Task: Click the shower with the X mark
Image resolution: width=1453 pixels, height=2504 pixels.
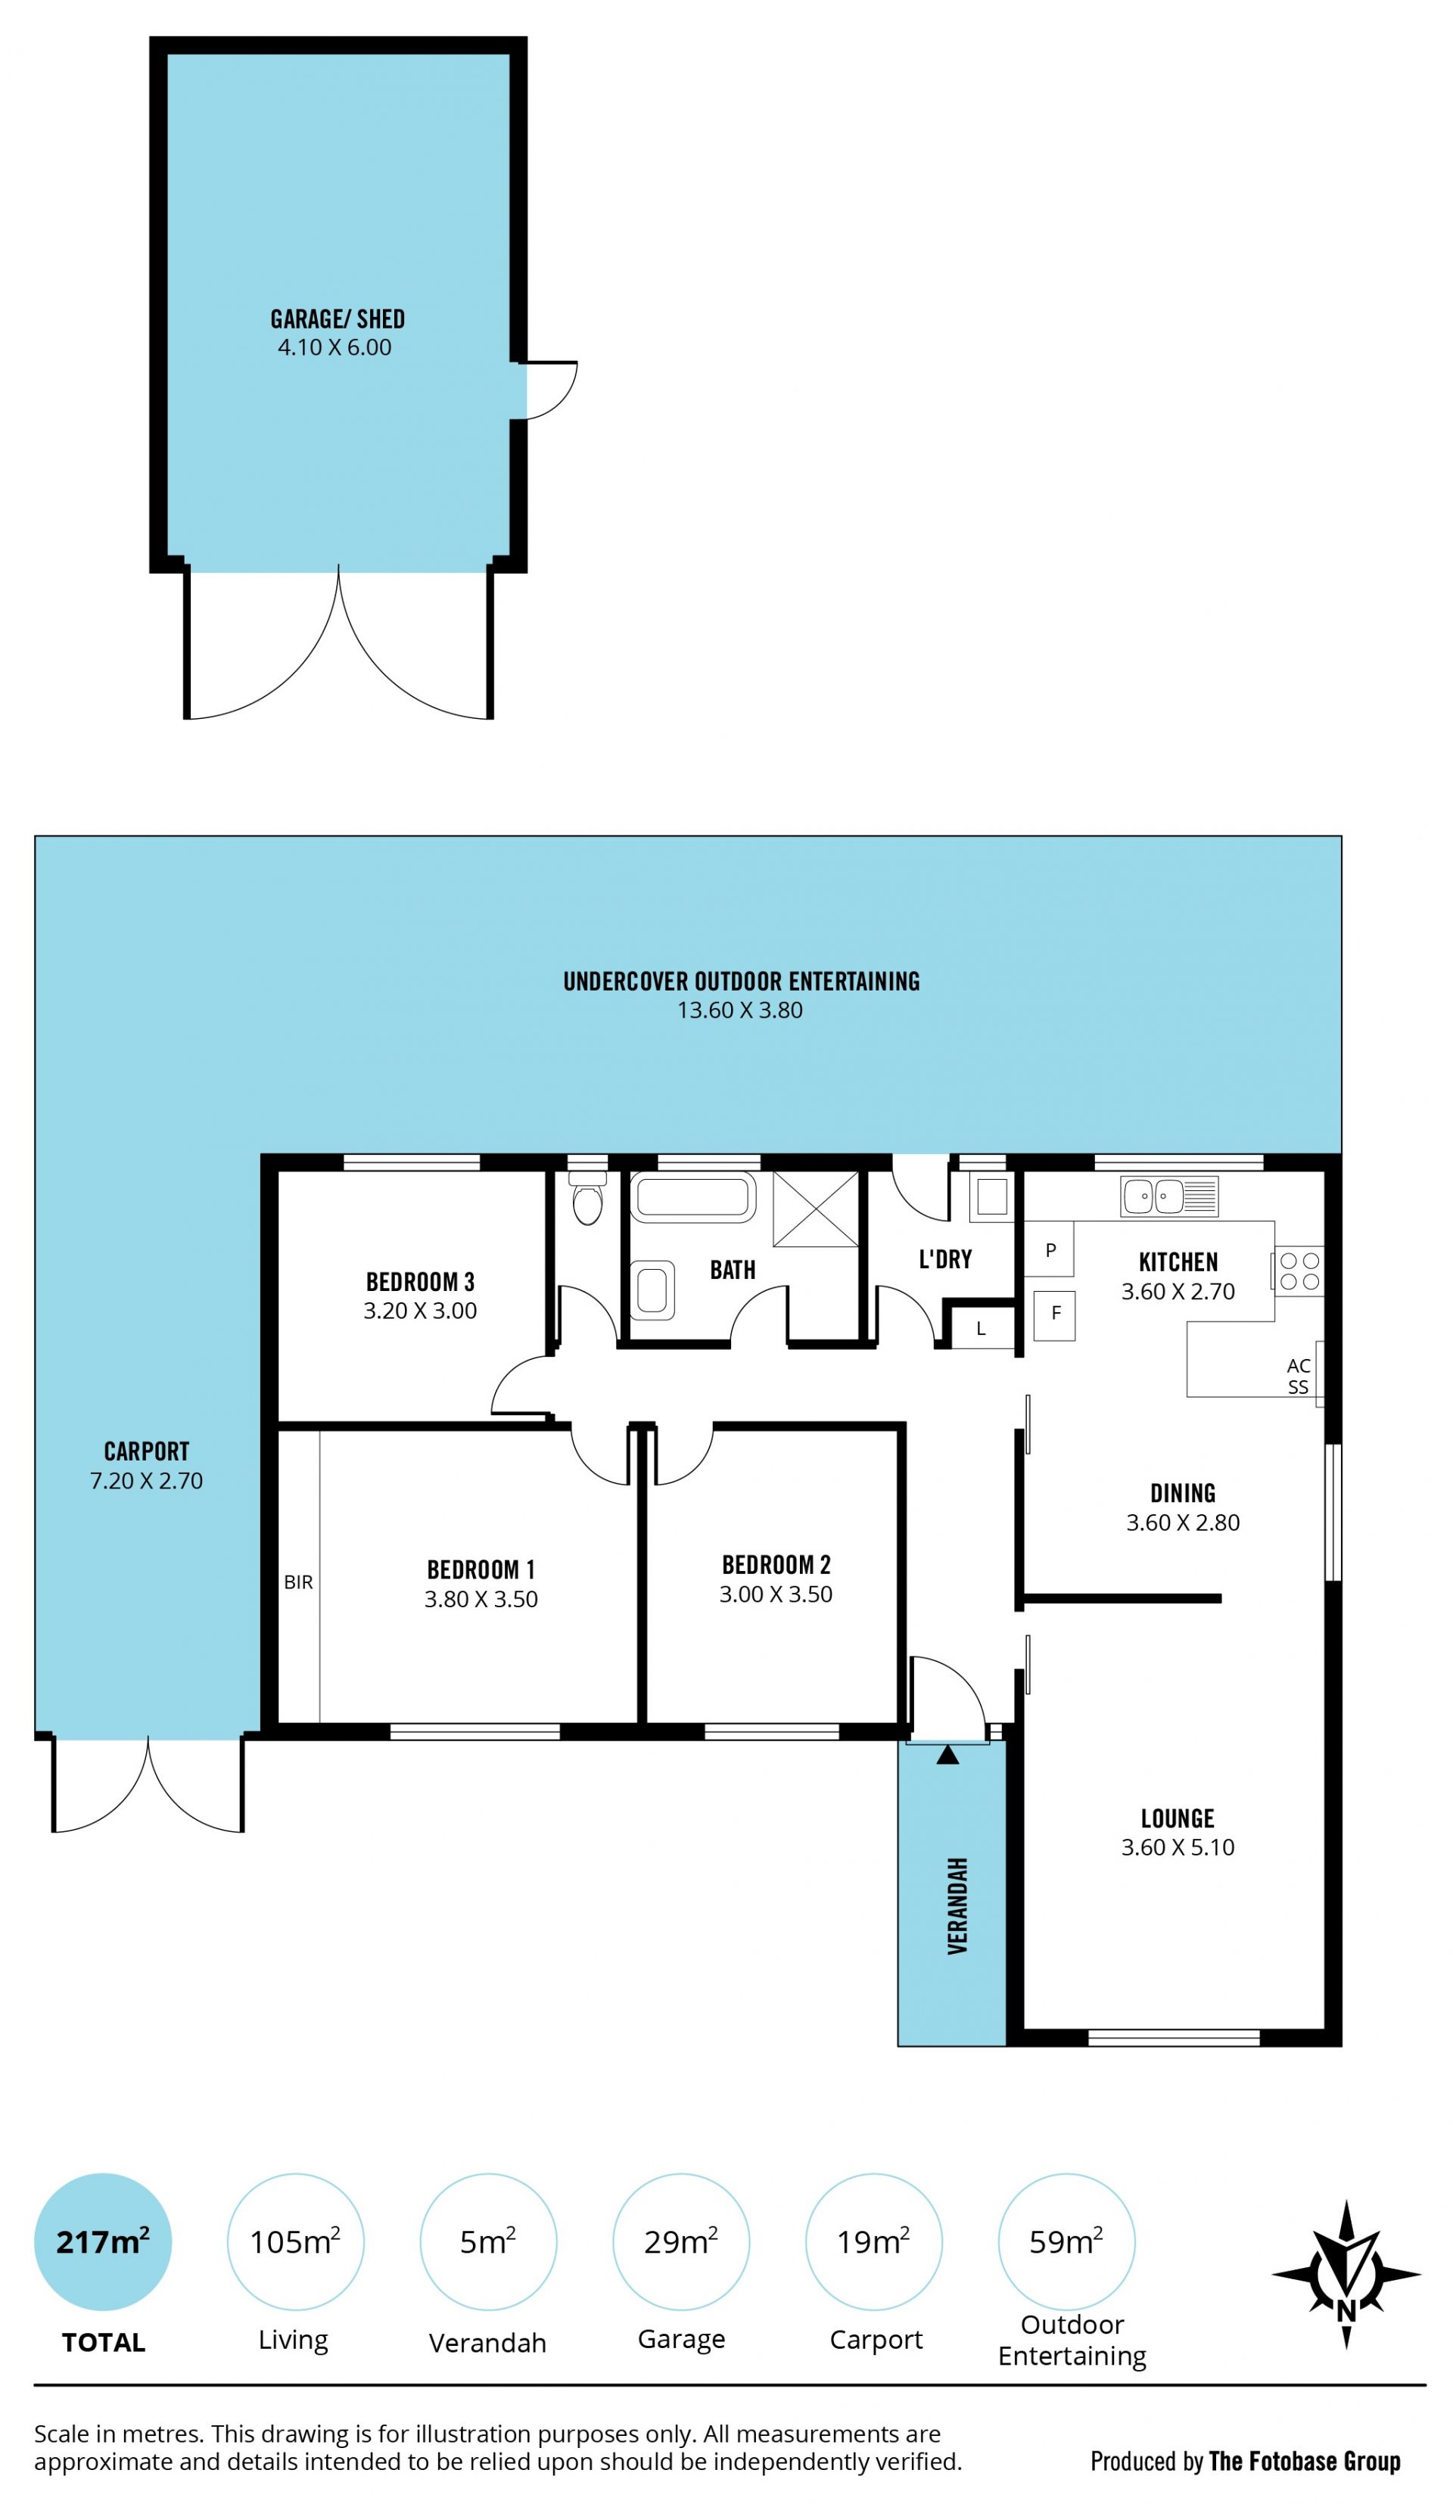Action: coord(815,1208)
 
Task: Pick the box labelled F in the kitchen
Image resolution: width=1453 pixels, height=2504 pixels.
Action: coord(1054,1314)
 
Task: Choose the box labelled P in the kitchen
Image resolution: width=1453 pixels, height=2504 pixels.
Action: coord(1050,1250)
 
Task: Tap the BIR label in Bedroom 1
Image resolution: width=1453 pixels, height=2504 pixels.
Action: coord(298,1582)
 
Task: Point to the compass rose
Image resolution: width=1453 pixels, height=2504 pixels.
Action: coord(1346,2273)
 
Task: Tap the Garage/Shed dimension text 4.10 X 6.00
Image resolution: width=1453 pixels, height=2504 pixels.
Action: coord(335,348)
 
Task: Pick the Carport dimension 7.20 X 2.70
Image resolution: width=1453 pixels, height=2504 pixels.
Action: coord(146,1481)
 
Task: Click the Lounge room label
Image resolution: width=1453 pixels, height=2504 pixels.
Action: coord(1178,1818)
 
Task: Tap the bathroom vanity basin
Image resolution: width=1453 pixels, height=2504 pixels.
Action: coord(653,1289)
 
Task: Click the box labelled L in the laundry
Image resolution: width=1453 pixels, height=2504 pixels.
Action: coord(981,1329)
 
